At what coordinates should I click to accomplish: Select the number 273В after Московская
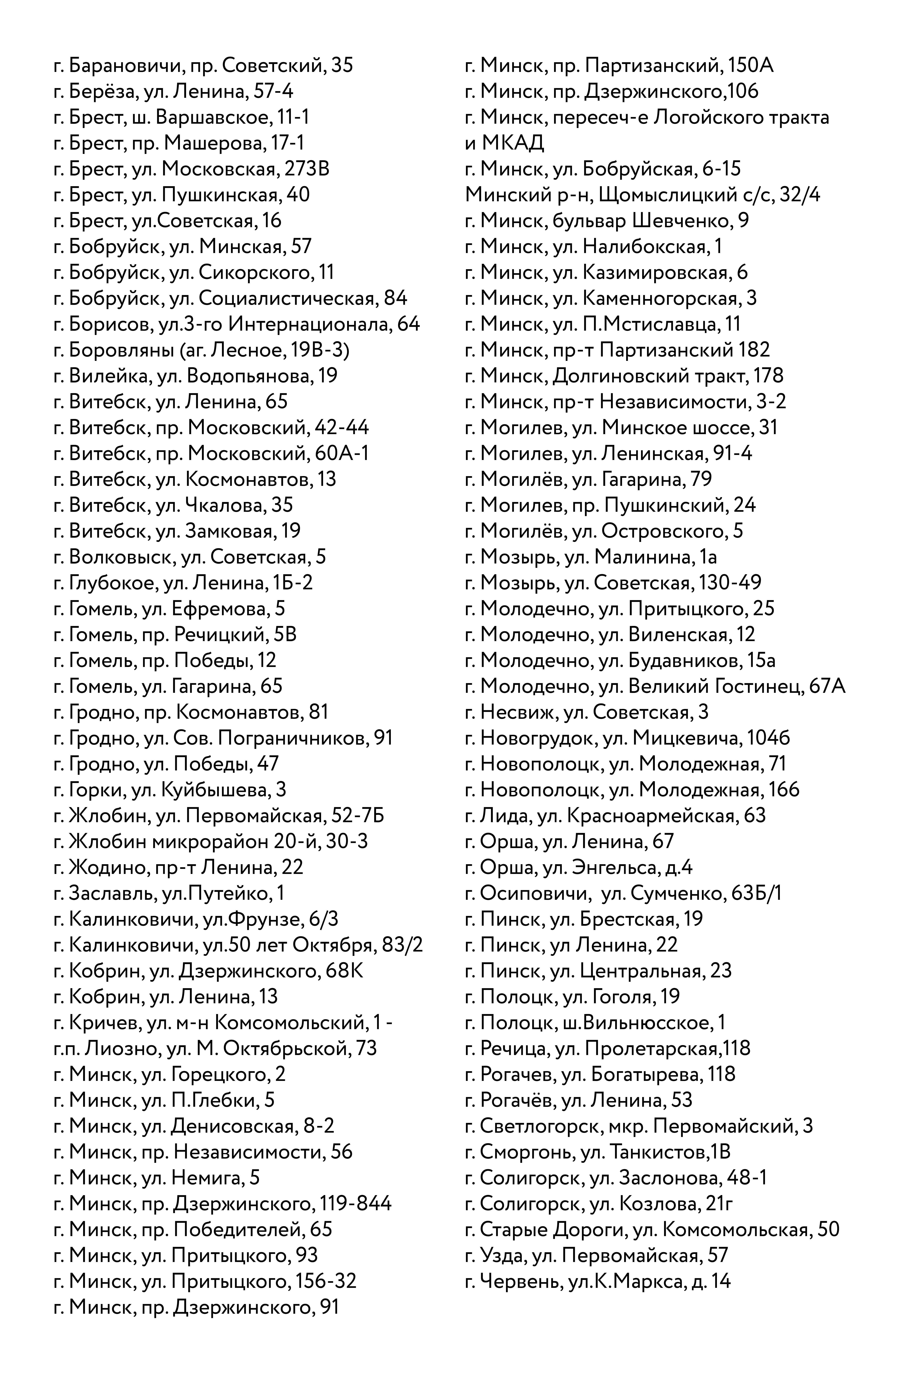point(307,169)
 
